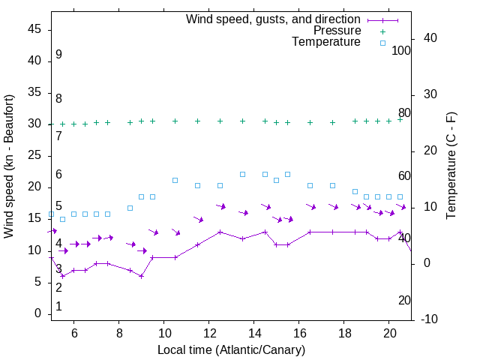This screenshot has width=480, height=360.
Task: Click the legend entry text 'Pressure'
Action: (338, 31)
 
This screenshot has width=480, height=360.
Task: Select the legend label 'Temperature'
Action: (326, 42)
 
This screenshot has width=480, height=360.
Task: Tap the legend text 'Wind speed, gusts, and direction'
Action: (274, 19)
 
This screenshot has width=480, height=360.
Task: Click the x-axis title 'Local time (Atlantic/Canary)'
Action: (231, 349)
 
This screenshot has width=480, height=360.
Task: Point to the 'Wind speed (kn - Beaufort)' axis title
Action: (10, 166)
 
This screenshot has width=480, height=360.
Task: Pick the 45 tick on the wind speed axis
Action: (34, 29)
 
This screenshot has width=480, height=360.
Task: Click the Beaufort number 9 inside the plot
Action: (58, 55)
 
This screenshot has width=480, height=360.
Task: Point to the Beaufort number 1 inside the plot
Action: (58, 307)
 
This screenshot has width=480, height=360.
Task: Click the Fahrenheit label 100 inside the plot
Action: (401, 50)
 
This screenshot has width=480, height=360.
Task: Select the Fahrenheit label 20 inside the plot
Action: (404, 300)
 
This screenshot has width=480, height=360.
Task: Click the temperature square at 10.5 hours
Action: (175, 180)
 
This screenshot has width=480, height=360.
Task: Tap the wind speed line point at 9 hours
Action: (141, 276)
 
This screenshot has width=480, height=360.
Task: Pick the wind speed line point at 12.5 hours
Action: (220, 232)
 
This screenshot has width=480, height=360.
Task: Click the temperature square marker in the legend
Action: (382, 43)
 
